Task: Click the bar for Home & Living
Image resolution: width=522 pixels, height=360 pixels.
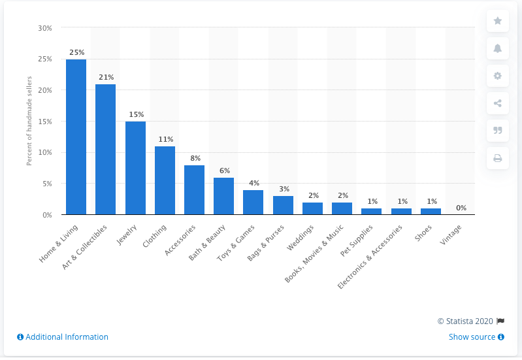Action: click(x=76, y=137)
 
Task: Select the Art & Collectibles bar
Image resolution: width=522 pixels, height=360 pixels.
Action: click(x=105, y=150)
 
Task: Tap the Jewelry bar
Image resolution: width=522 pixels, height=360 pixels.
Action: click(x=135, y=168)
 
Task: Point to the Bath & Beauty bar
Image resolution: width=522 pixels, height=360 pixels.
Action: click(x=223, y=196)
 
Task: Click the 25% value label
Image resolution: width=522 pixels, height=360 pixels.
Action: click(x=76, y=52)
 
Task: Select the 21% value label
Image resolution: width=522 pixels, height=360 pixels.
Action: click(x=106, y=76)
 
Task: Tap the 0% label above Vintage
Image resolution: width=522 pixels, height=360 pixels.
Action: click(x=461, y=207)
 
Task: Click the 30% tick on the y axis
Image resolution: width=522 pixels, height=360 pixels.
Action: click(x=45, y=28)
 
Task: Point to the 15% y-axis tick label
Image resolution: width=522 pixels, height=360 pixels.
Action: click(x=45, y=122)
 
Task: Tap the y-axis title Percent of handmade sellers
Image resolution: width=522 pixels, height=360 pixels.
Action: click(x=29, y=122)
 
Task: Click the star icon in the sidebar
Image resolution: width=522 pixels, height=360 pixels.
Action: click(x=497, y=21)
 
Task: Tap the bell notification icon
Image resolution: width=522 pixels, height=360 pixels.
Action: click(x=497, y=48)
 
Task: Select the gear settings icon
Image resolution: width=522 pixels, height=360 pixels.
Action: click(x=497, y=76)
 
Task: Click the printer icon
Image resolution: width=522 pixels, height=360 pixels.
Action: click(x=497, y=157)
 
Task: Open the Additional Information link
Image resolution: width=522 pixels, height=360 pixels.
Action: click(x=63, y=337)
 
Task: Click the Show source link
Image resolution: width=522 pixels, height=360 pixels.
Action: click(x=476, y=337)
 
